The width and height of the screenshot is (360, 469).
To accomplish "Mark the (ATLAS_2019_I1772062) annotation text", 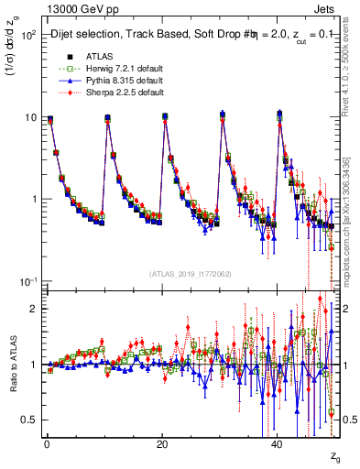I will (x=191, y=273).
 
